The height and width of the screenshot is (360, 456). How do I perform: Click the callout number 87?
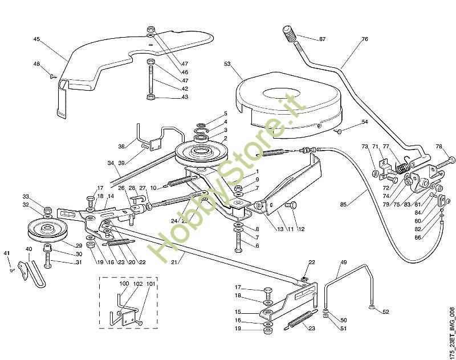coord(322,39)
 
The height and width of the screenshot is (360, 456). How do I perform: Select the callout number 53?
coord(227,65)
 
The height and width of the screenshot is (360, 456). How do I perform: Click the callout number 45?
coord(37,39)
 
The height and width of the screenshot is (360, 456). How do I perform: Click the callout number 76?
coord(365,39)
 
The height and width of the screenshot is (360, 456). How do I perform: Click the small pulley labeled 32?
coord(47,229)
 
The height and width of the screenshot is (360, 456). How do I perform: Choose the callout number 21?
coord(173,262)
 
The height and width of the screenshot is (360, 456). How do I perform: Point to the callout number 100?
coord(124,284)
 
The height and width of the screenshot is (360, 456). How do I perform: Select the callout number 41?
coord(7,253)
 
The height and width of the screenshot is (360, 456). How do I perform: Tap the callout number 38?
coord(121,146)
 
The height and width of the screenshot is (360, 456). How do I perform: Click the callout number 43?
coord(169,97)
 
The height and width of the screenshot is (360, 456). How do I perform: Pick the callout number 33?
coord(26,196)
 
